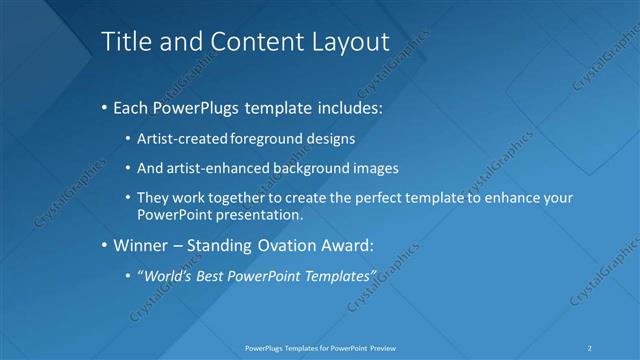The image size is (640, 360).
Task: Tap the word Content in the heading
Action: (243, 41)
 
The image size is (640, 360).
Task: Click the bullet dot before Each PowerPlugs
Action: (105, 106)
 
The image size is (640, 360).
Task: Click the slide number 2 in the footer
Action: (590, 348)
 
